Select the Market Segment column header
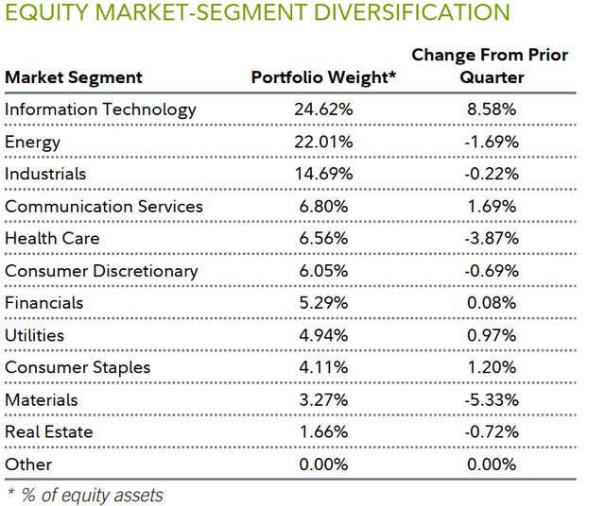74,77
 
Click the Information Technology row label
100,110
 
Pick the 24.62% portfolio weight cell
324,110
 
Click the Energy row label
32,142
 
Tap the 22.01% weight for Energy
324,142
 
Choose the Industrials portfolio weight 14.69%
324,174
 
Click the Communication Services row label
104,206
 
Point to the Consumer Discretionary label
101,271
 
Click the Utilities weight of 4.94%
324,335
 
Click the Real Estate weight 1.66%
324,431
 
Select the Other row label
28,464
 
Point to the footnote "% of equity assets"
90,495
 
